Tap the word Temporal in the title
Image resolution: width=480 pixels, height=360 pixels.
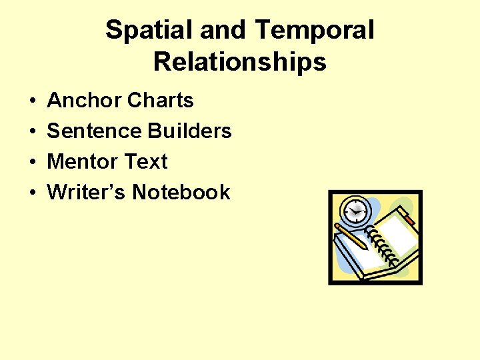[315, 31]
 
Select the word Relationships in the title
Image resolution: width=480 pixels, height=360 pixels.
[240, 62]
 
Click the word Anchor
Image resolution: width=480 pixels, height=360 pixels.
[84, 101]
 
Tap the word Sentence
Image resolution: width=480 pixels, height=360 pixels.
[95, 131]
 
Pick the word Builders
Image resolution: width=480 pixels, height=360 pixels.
[190, 131]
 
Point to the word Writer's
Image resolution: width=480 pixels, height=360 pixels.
[87, 193]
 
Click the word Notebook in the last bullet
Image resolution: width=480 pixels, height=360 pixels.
[181, 193]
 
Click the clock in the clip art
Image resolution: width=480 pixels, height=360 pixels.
[356, 211]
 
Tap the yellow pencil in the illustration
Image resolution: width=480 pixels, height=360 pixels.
[351, 236]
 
